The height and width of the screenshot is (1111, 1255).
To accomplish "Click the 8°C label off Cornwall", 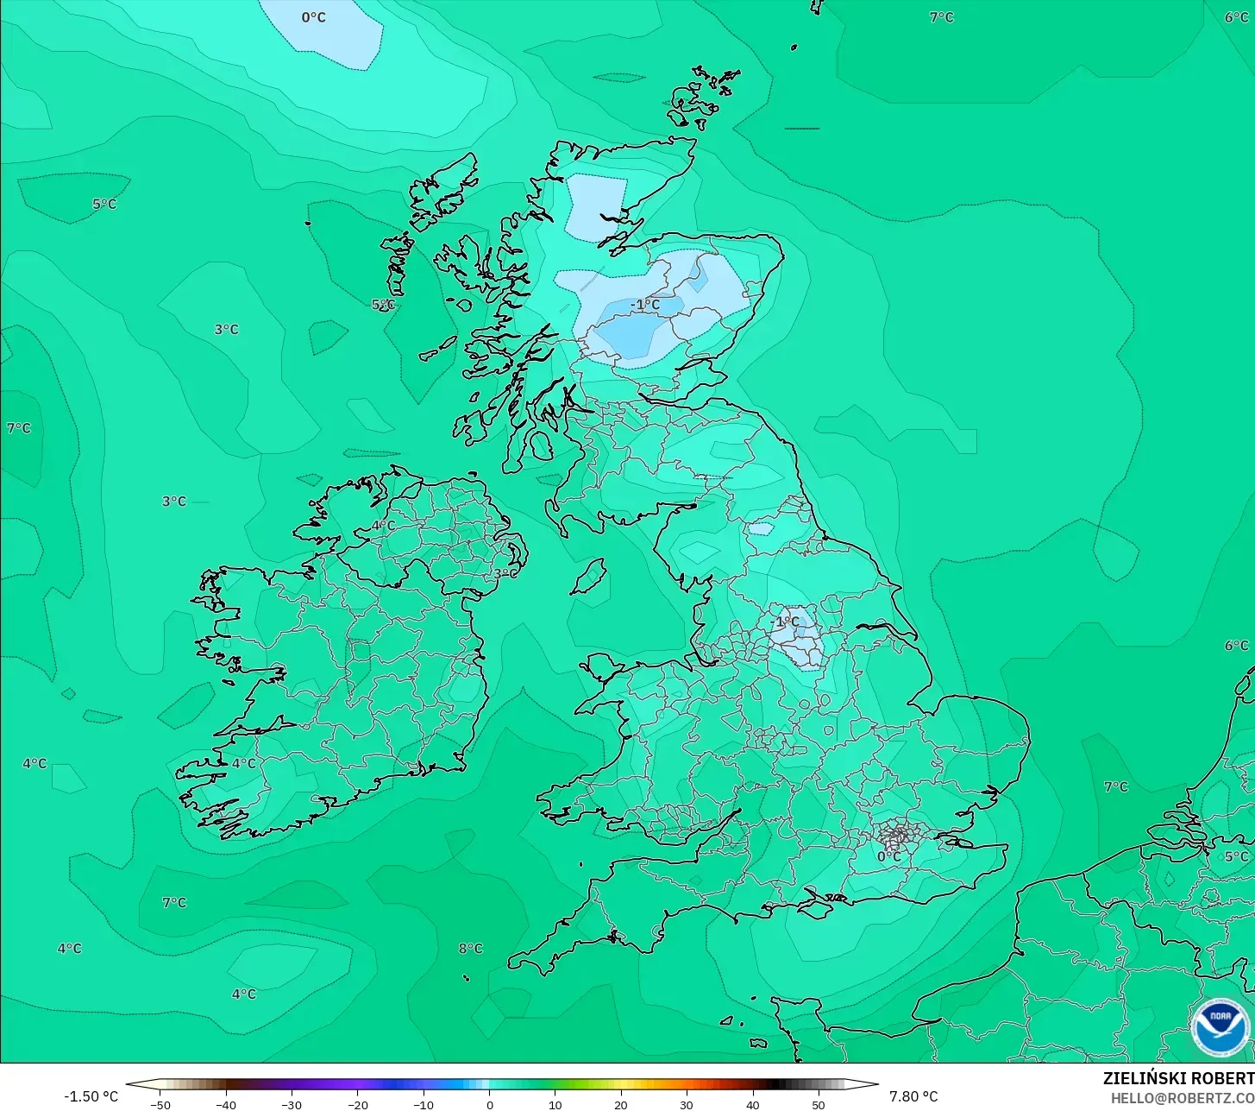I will point(470,949).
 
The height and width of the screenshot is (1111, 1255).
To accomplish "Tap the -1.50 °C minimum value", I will point(91,1096).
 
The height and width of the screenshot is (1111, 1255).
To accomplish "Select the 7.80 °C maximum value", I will point(913,1096).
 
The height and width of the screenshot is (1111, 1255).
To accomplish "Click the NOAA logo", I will point(1220,1027).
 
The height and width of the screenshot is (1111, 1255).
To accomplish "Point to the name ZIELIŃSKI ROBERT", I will point(1178,1079).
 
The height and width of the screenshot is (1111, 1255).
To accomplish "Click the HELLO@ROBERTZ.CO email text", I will point(1182,1098).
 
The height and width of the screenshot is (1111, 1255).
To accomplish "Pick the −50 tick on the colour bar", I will point(160,1104).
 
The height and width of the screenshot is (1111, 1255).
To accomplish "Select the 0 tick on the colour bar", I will point(489,1104).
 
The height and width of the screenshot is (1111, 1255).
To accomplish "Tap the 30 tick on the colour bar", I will point(687,1104).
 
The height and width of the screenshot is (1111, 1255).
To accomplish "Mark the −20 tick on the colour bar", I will point(357,1104).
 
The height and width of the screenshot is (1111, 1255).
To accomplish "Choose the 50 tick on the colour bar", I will point(818,1104).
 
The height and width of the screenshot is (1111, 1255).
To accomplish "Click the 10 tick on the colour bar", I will point(555,1104).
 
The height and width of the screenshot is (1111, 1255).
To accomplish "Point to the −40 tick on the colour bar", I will point(226,1104).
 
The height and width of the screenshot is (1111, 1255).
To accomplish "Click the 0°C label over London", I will point(889,856).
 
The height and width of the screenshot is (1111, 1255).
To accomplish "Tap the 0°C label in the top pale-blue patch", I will point(314,17).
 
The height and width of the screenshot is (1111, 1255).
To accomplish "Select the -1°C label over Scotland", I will point(645,305).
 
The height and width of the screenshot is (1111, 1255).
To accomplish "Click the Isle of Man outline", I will point(589,577).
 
